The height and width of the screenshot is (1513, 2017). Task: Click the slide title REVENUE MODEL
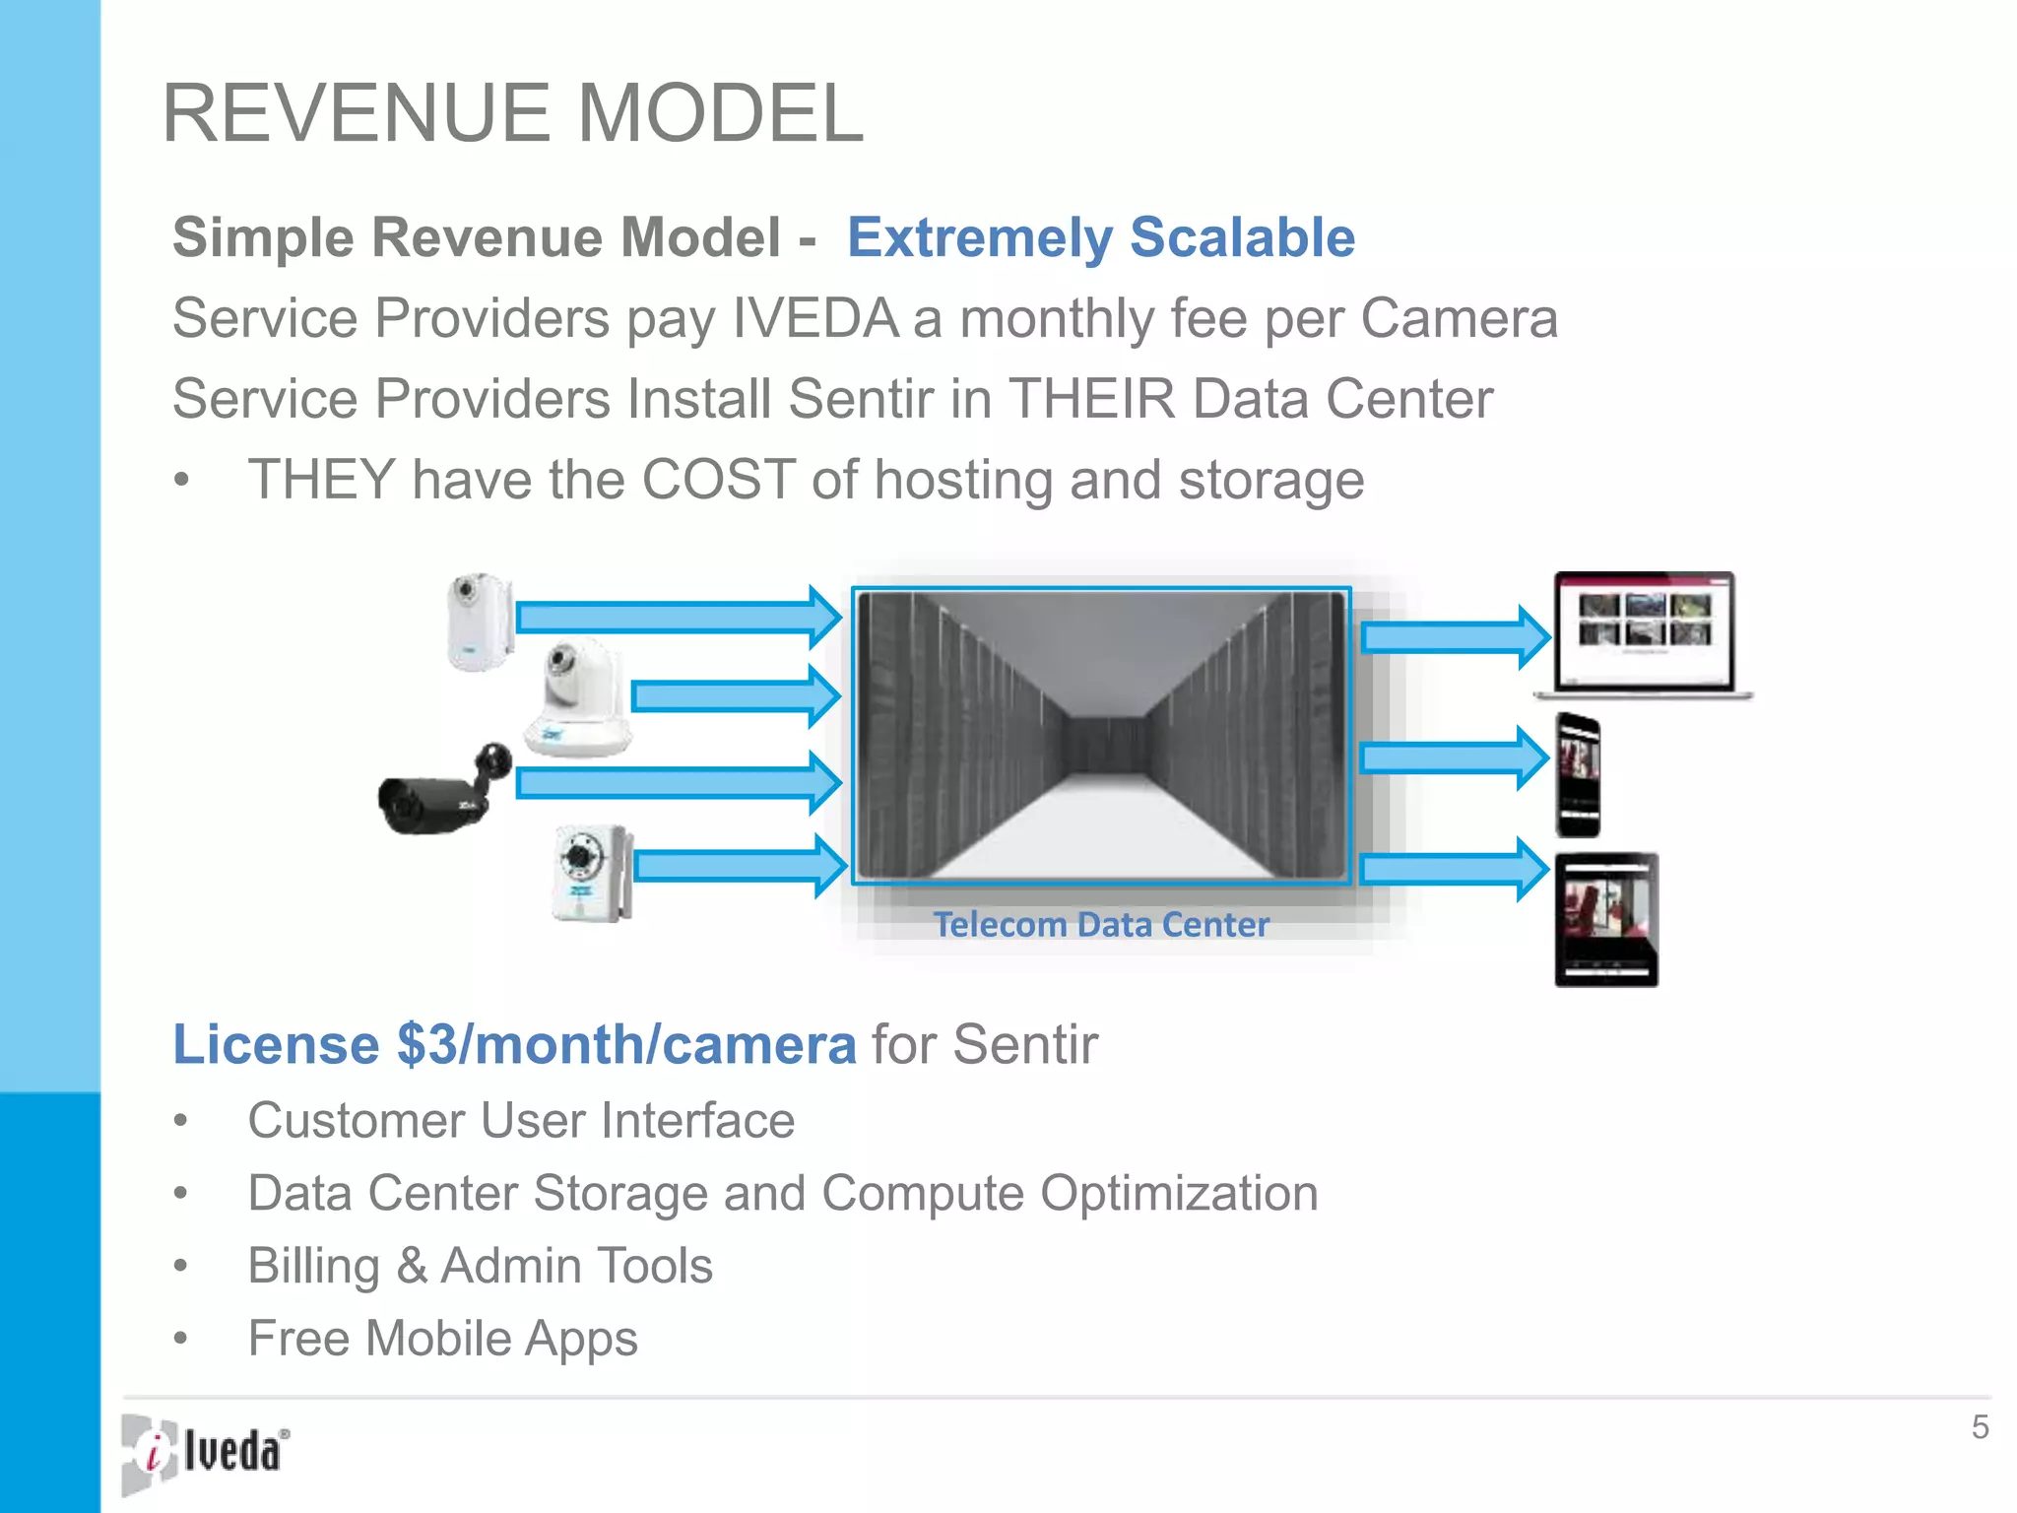[x=512, y=113]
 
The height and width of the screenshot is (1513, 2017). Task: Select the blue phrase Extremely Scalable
[x=1100, y=237]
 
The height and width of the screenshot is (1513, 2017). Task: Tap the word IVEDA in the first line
[x=814, y=318]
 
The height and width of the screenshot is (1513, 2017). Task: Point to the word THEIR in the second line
[x=1092, y=399]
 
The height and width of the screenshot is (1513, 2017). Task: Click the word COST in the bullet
[x=718, y=480]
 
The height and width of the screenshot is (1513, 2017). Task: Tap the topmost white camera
[x=479, y=622]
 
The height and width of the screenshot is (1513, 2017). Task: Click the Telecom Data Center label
[x=1100, y=925]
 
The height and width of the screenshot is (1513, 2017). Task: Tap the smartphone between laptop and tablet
[x=1578, y=775]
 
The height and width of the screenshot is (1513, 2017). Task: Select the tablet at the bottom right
[x=1606, y=920]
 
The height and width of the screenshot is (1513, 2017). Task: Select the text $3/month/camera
[x=626, y=1044]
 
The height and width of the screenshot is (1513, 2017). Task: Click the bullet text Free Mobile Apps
[x=442, y=1339]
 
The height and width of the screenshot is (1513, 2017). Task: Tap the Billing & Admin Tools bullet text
[x=480, y=1266]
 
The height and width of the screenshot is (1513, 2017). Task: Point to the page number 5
[x=1980, y=1427]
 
